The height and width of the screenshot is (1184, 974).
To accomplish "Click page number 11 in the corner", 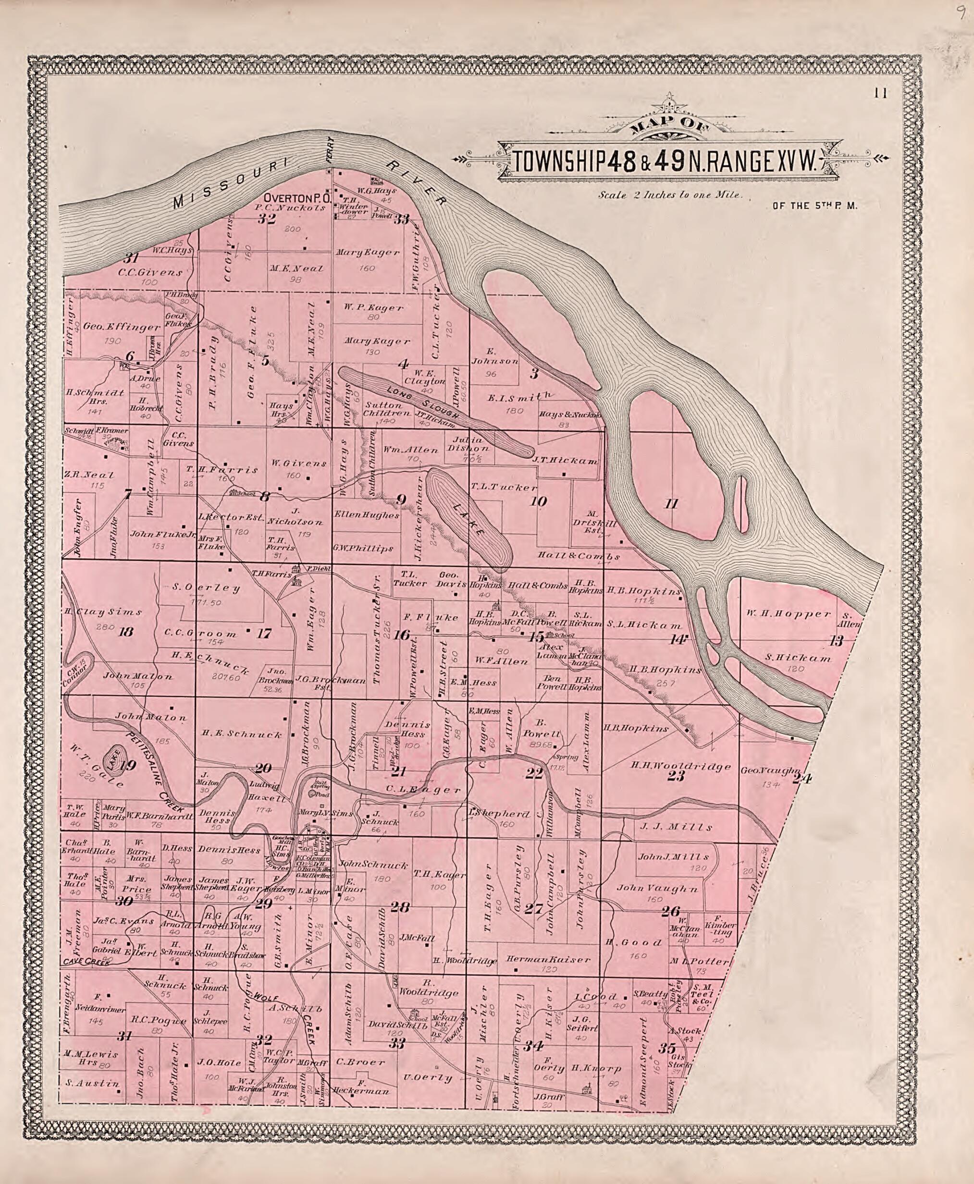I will coord(880,94).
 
